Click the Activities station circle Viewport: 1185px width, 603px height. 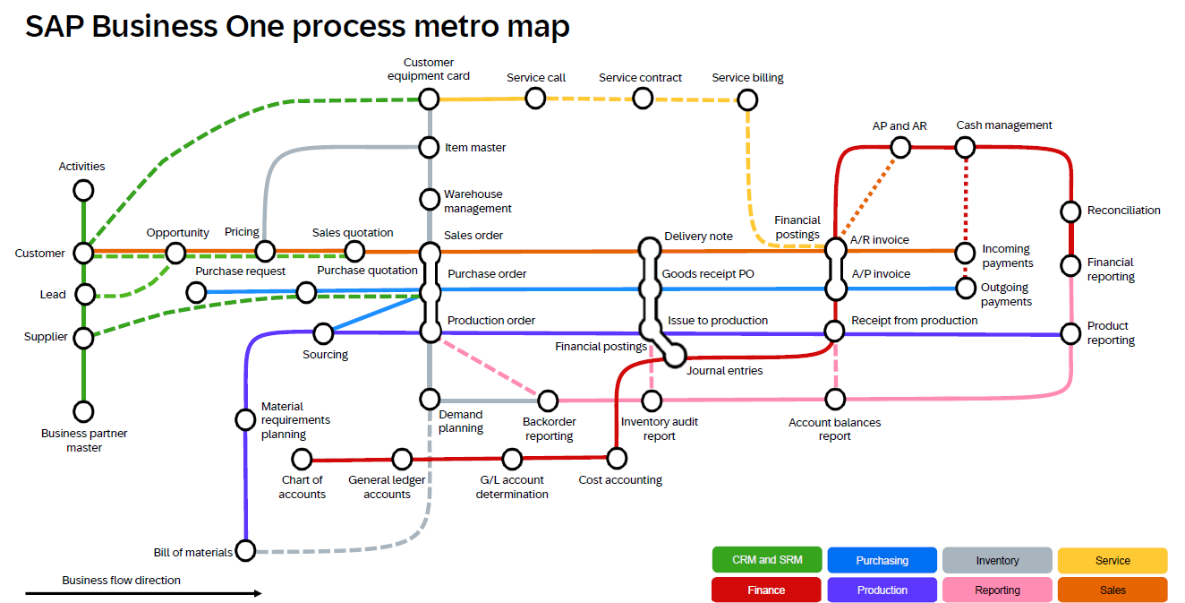click(83, 190)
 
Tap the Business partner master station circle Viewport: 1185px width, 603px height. click(83, 411)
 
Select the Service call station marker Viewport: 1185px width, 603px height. click(535, 98)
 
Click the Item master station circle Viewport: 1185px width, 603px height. click(431, 147)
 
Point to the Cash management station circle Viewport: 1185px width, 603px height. click(966, 147)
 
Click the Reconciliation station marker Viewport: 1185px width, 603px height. click(1070, 211)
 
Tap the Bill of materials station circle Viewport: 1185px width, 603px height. click(245, 550)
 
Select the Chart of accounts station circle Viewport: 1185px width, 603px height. click(302, 460)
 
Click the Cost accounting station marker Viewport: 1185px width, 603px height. click(616, 459)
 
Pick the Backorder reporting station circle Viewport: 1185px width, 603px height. click(548, 400)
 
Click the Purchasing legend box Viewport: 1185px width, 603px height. click(882, 560)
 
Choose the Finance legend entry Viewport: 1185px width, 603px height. click(766, 590)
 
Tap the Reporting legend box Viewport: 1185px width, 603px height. click(997, 590)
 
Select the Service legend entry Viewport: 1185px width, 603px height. click(1113, 560)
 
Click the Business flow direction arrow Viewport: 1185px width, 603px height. click(143, 593)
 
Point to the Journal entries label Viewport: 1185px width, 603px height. click(725, 371)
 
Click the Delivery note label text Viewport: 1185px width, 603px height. click(698, 237)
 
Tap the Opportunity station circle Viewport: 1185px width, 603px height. click(176, 253)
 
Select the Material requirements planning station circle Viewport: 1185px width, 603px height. click(245, 419)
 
